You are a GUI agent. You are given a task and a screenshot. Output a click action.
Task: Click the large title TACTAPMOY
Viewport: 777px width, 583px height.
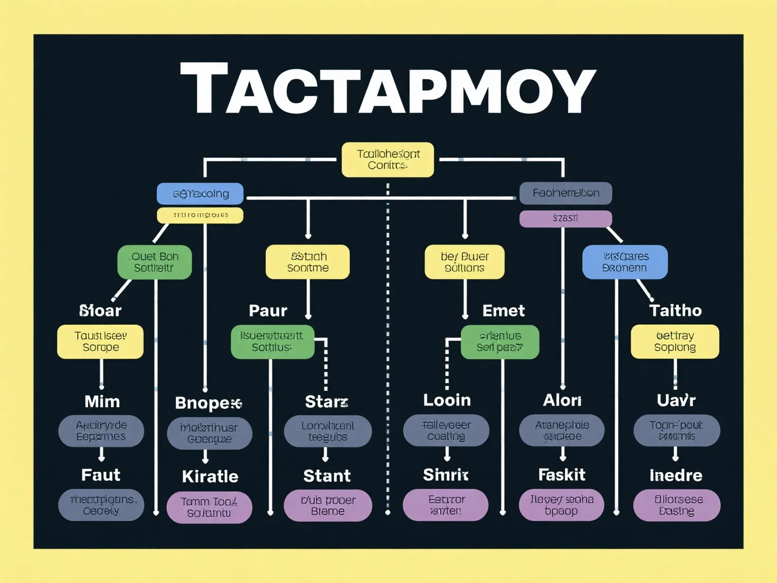tap(388, 89)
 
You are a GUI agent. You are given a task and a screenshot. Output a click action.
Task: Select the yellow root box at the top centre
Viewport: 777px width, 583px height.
tap(388, 159)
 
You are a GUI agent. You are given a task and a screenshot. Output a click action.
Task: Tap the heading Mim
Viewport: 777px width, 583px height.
tap(102, 402)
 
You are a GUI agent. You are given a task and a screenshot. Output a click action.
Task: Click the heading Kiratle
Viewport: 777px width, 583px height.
tap(210, 476)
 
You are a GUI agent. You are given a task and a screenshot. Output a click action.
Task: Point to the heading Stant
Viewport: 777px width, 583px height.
tap(327, 476)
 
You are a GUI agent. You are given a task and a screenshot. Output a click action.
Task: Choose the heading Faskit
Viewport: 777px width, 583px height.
tap(562, 475)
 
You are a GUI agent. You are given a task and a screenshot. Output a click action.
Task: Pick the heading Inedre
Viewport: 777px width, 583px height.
tap(676, 475)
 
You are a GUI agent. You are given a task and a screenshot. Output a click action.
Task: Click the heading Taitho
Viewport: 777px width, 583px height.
tap(675, 311)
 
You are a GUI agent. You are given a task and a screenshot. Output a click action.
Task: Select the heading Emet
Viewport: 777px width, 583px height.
tap(504, 311)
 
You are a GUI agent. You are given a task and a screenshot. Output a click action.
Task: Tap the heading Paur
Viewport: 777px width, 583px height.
tap(268, 311)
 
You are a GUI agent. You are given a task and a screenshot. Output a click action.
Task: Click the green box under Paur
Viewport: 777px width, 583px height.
tap(272, 342)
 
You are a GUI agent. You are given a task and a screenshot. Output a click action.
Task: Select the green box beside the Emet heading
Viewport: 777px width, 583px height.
tap(500, 342)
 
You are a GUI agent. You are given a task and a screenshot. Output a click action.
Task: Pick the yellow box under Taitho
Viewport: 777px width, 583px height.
tap(675, 342)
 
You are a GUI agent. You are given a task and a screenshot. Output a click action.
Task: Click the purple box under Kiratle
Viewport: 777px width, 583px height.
tap(209, 507)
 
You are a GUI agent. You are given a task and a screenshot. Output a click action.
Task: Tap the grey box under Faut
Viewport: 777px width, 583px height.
tap(101, 505)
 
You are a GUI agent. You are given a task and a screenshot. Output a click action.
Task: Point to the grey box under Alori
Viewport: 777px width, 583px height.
tap(562, 430)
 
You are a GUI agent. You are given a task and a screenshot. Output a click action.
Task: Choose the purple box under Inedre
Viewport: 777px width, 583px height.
tap(677, 505)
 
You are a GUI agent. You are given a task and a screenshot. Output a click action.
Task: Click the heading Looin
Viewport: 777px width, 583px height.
tap(447, 400)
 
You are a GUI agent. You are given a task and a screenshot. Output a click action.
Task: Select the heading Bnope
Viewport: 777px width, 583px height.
tap(208, 403)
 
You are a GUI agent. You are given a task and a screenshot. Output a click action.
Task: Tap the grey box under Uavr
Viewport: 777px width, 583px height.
tap(676, 430)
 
